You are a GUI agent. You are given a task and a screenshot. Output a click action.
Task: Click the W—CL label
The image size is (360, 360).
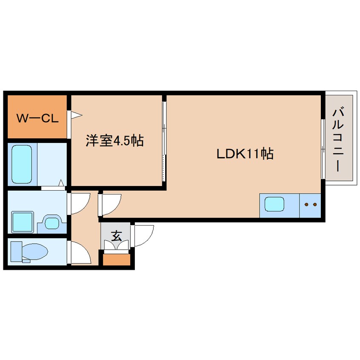coord(37,118)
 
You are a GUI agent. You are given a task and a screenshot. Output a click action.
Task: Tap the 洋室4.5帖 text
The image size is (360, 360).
coord(115,140)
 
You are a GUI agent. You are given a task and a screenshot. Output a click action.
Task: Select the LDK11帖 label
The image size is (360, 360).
coord(245,154)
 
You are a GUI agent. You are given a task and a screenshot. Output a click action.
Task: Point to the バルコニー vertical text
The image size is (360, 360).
coord(338,140)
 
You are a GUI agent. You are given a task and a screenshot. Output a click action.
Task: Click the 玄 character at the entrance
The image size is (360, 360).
coord(116,236)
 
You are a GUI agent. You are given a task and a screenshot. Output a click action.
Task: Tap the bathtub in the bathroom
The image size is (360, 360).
coord(22,164)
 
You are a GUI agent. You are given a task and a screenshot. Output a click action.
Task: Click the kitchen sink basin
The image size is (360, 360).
coord(274,204)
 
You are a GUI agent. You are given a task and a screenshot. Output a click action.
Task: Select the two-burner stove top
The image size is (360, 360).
coord(310,206)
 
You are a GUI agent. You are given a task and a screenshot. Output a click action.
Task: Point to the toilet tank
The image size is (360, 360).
coord(16,251)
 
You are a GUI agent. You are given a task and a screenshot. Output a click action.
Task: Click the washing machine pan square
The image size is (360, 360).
coord(23,222)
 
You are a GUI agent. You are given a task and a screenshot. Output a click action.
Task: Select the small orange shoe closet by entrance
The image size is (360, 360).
coord(117,260)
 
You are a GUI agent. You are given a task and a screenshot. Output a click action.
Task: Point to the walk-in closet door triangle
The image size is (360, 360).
coord(77,115)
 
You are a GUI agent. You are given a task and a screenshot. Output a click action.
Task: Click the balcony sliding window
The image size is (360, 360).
coord(323,149)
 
